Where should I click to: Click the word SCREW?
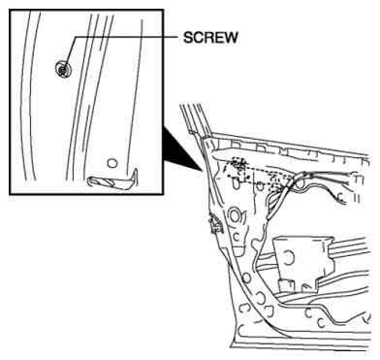pos(210,38)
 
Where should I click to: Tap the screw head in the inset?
pos(63,69)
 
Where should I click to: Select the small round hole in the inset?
pos(111,163)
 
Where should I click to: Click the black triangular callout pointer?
pos(181,149)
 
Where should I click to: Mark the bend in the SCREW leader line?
pos(77,38)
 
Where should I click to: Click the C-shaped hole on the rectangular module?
pos(288,257)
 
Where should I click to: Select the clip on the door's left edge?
pos(216,224)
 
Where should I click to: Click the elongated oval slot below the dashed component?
pos(237,183)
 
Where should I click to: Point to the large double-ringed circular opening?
pos(235,215)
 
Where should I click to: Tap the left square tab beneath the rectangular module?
pos(286,285)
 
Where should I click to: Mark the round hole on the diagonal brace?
pos(246,278)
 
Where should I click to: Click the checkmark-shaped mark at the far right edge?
pos(367,317)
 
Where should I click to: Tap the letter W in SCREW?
pos(230,38)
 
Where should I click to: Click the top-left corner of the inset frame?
pos(10,10)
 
